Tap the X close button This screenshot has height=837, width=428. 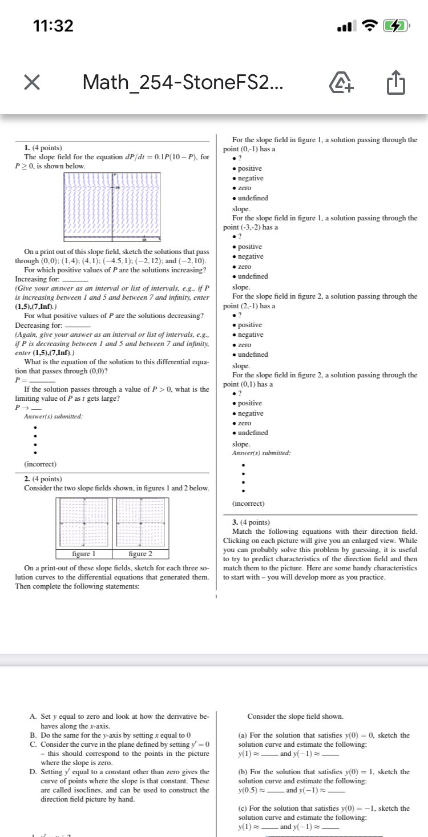[x=32, y=83]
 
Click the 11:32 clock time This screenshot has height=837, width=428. [x=53, y=26]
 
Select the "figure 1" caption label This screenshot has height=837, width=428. [x=85, y=554]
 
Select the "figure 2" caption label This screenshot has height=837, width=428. [x=140, y=554]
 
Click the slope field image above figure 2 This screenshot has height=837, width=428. [x=140, y=522]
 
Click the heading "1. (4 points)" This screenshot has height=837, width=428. [x=39, y=148]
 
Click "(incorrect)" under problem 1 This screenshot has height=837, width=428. [x=40, y=464]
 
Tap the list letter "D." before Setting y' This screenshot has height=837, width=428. [x=33, y=772]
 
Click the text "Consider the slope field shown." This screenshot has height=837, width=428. [x=295, y=716]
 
